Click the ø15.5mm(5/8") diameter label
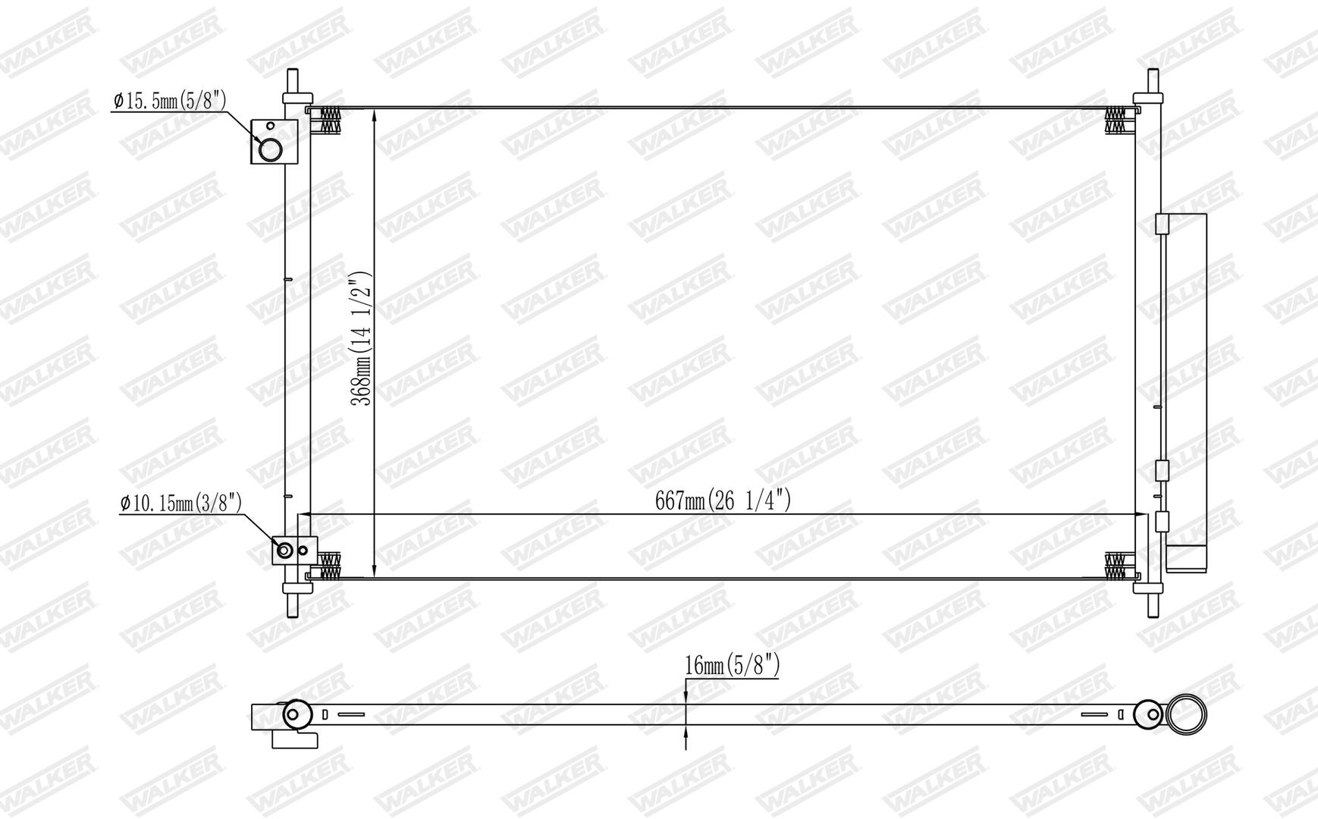pos(170,100)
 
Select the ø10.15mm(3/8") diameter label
pos(181,503)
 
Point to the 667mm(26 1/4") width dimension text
pos(723,500)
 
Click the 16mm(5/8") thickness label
pos(732,667)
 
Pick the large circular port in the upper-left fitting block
pos(270,149)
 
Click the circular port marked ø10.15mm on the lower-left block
pos(284,551)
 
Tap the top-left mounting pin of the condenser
pos(293,81)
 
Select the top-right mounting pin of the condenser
pos(1153,81)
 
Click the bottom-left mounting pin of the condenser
pos(293,604)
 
